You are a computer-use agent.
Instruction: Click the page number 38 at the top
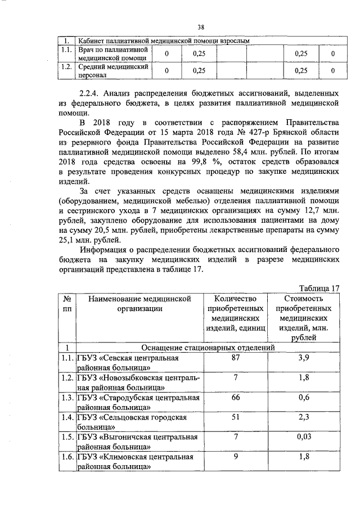[x=201, y=26]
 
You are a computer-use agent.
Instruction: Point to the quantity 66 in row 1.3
[x=236, y=398]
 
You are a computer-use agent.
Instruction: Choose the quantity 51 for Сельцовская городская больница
[x=236, y=417]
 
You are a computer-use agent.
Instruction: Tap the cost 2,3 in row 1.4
[x=304, y=417]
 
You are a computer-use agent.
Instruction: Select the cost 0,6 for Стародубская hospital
[x=304, y=398]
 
